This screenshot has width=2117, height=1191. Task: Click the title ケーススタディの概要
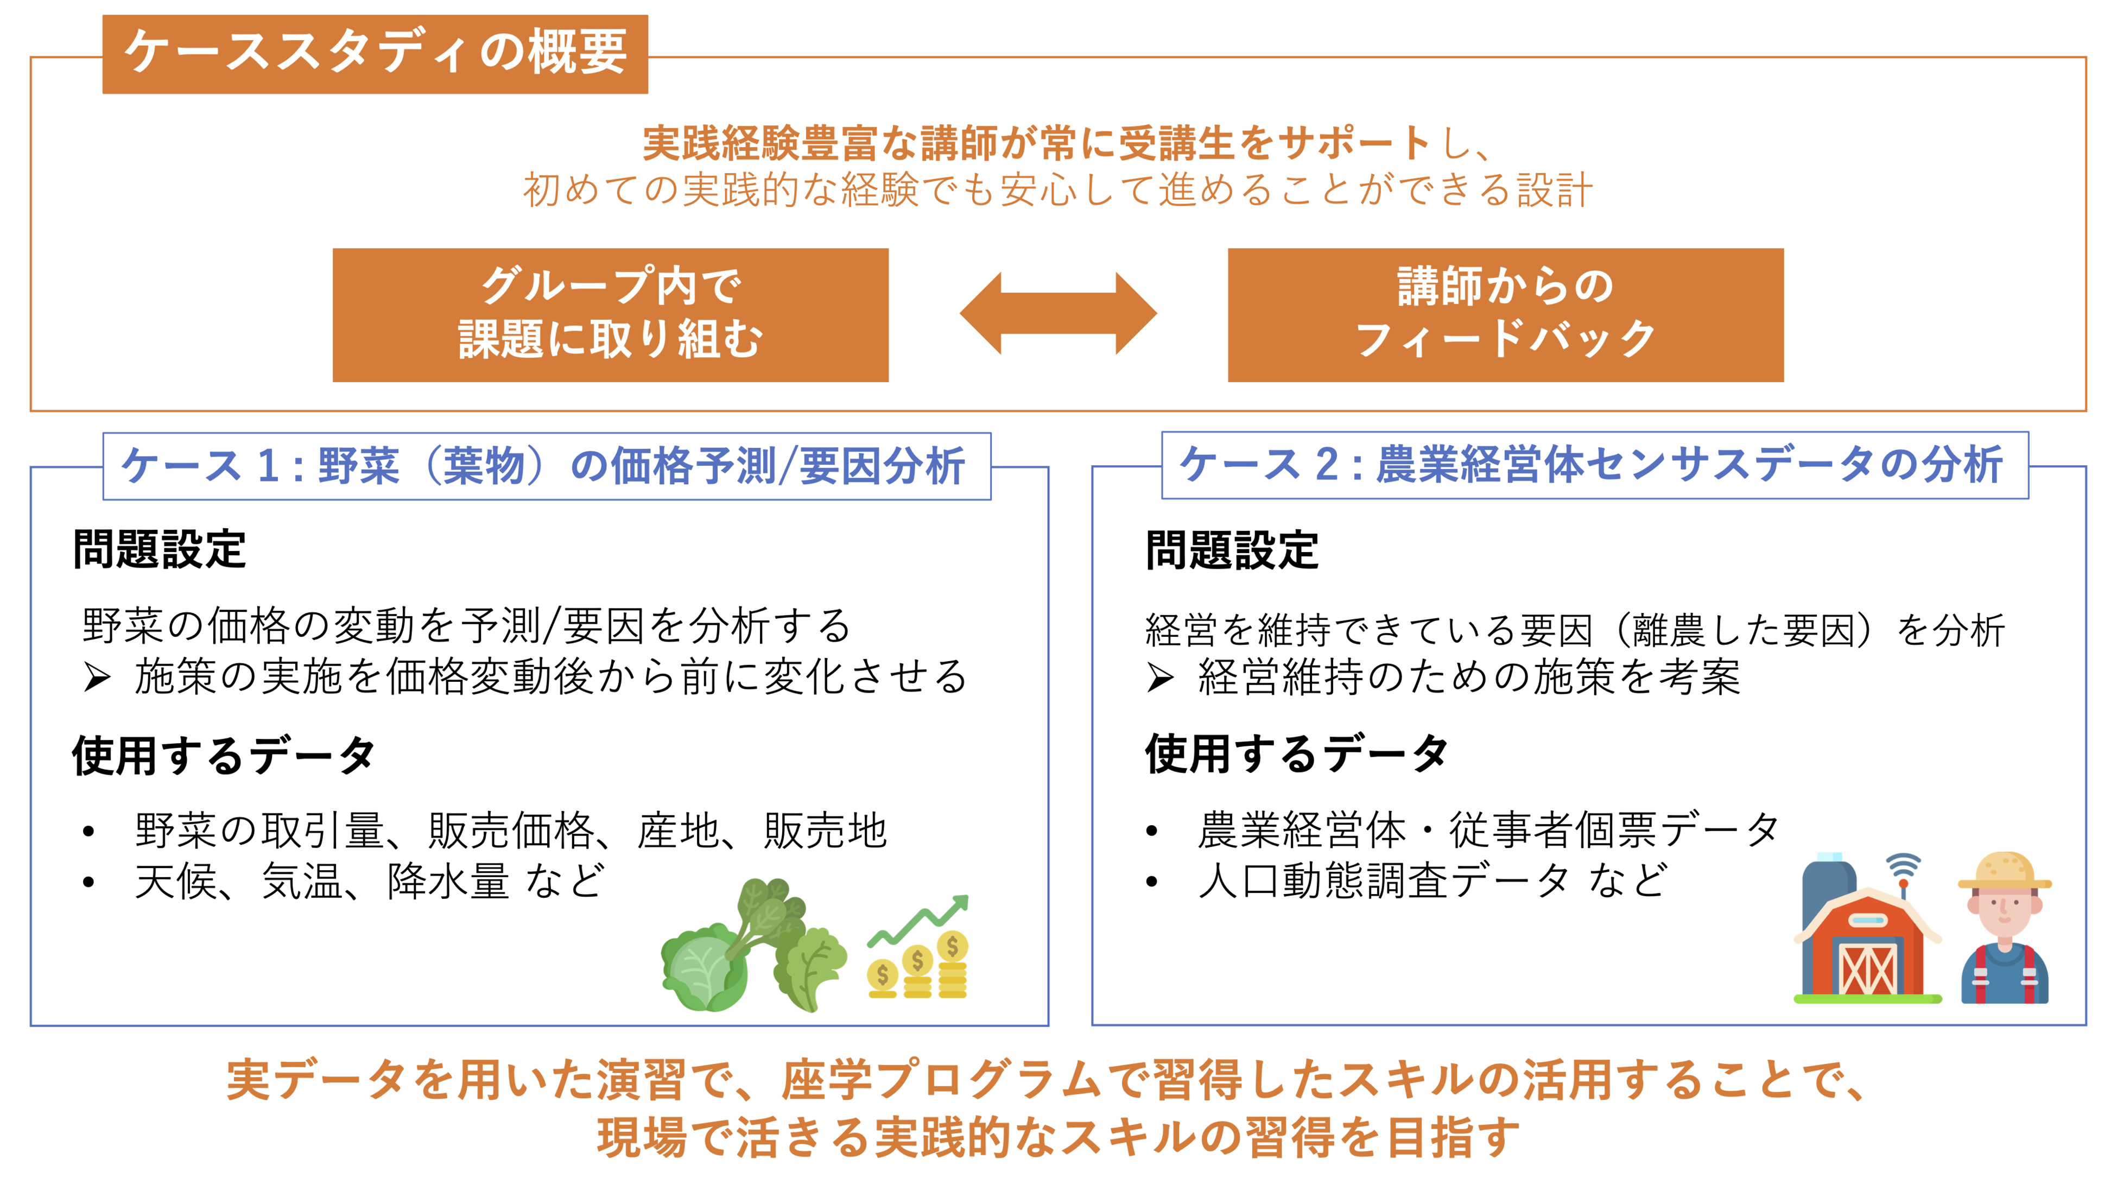click(375, 53)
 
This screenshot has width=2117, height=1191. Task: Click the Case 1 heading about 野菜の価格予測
click(546, 466)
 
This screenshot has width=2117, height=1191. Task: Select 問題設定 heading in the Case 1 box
click(160, 549)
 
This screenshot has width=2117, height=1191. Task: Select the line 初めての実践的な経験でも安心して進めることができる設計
click(1057, 190)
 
